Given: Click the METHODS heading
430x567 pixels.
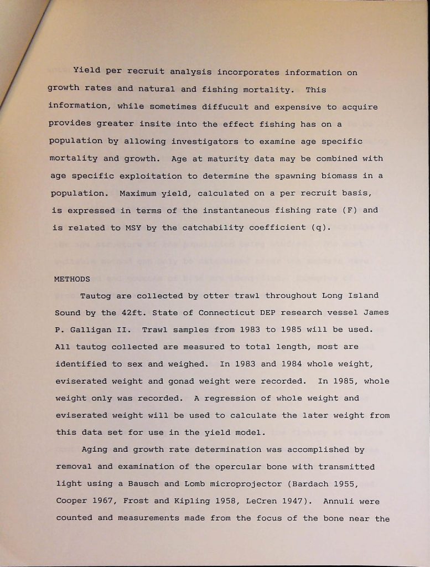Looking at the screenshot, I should click(72, 279).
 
